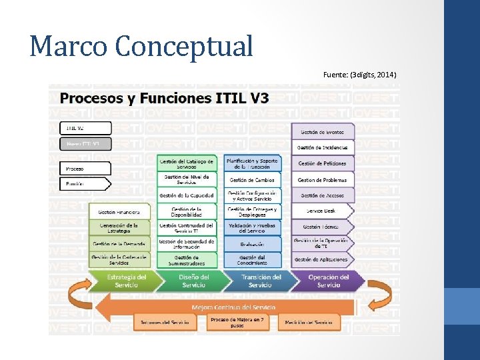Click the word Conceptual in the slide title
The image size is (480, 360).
[x=184, y=46]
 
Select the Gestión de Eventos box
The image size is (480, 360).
[x=323, y=131]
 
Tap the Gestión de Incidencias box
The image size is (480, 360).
[x=323, y=147]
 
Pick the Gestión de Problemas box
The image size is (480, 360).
[x=323, y=180]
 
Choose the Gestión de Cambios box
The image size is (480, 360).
[x=252, y=180]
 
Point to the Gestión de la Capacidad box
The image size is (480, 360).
[x=187, y=195]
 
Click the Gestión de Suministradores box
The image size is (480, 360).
[x=187, y=260]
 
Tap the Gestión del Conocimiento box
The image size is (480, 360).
[x=252, y=260]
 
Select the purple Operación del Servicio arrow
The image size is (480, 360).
[x=328, y=281]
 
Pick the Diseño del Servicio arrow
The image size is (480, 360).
[x=193, y=281]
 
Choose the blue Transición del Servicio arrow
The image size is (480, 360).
[x=260, y=281]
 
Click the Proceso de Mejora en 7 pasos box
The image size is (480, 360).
[x=237, y=322]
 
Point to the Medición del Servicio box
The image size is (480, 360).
[x=308, y=322]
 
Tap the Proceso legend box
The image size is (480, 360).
[x=84, y=168]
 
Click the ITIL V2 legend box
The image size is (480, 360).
[x=84, y=127]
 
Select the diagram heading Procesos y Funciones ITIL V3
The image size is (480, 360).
[x=165, y=98]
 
